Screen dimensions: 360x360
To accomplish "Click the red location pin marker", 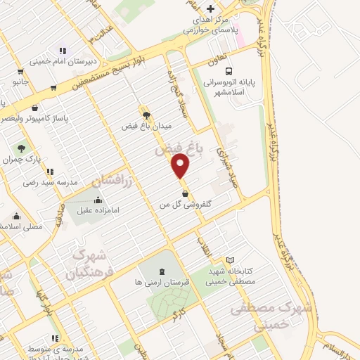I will click(x=181, y=165).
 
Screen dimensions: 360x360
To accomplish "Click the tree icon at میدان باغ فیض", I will click(x=146, y=115).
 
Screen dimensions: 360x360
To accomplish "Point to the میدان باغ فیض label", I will click(x=147, y=127).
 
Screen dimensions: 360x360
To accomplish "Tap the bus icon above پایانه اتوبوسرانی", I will click(x=229, y=70).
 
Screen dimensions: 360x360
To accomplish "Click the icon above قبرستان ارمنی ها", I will click(x=162, y=271).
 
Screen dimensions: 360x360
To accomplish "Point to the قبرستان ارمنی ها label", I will click(x=162, y=282).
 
